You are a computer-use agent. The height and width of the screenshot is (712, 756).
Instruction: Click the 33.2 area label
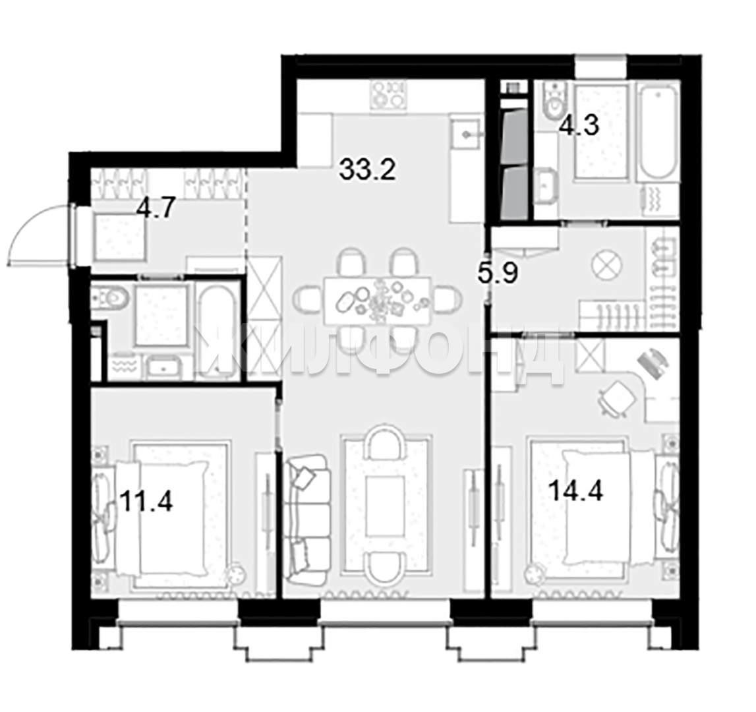click(367, 169)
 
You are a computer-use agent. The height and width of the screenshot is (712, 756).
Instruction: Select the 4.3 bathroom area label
click(579, 125)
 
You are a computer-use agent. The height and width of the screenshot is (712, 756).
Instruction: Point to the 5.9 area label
click(498, 274)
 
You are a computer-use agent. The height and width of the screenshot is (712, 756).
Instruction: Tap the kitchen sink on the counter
click(466, 134)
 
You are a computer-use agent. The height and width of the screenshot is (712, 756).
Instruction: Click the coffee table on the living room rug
click(385, 506)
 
